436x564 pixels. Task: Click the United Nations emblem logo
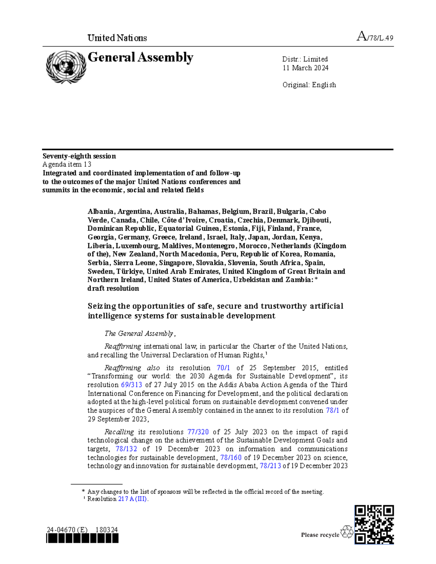point(66,67)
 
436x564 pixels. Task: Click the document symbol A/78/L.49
point(375,37)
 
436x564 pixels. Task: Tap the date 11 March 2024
point(305,68)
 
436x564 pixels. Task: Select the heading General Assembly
point(140,57)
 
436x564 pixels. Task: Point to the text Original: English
point(309,85)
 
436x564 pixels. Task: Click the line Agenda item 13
point(67,165)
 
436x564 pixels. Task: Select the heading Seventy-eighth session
point(79,156)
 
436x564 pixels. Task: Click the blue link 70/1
point(223,368)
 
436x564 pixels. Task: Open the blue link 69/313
point(131,385)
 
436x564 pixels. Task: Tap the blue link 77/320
point(198,432)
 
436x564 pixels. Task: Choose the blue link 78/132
point(126,449)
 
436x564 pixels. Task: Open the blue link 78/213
point(270,466)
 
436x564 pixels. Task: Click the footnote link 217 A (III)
point(133,499)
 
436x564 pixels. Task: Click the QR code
point(374,524)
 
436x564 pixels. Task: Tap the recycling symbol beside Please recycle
point(347,532)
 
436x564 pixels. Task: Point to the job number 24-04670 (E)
point(67,530)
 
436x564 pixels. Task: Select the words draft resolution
point(113,289)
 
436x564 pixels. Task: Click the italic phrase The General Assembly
point(139,333)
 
